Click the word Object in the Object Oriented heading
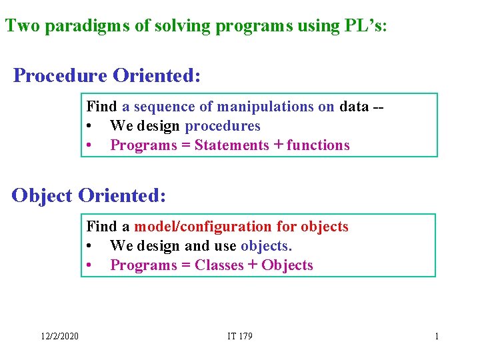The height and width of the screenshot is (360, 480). pyautogui.click(x=42, y=195)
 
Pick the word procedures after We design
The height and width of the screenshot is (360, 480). pyautogui.click(x=223, y=126)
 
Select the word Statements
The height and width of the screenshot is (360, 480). pyautogui.click(x=231, y=145)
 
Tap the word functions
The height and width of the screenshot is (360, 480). pyautogui.click(x=318, y=145)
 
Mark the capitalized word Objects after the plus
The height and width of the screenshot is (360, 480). pyautogui.click(x=287, y=265)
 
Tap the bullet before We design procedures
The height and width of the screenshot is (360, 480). pyautogui.click(x=89, y=126)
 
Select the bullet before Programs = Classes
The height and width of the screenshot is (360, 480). pyautogui.click(x=89, y=265)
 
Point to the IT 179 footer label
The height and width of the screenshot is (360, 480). pyautogui.click(x=239, y=336)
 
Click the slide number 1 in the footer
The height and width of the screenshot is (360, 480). pyautogui.click(x=437, y=336)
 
